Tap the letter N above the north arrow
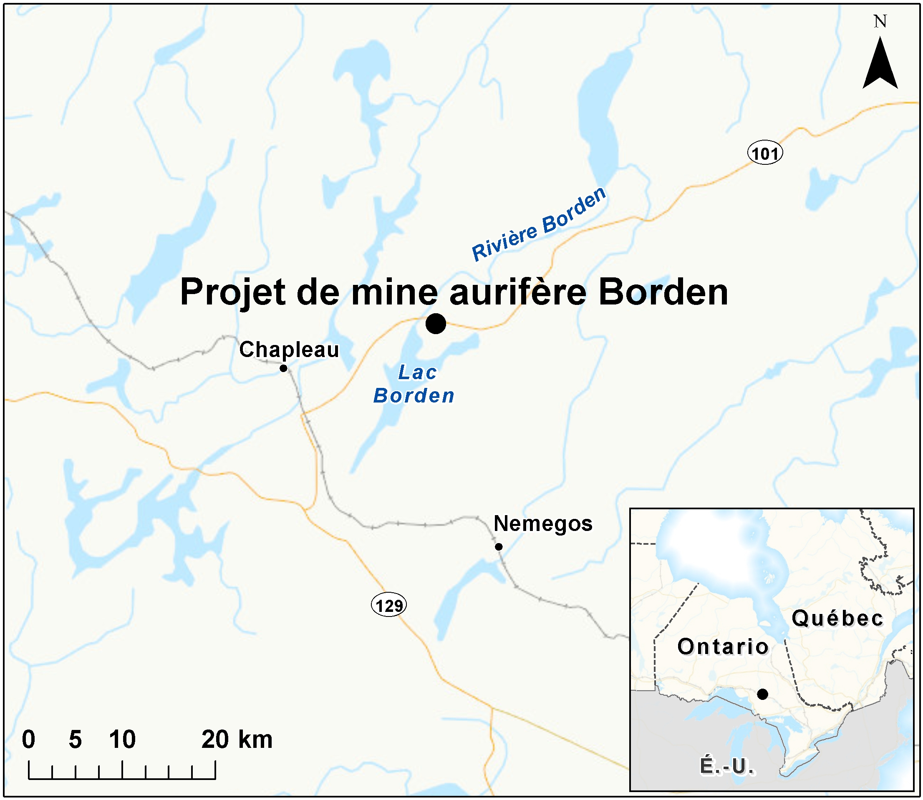pos(880,21)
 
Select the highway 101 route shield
pos(765,153)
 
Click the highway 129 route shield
pos(389,605)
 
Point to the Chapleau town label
pos(289,350)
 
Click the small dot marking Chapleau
pos(283,368)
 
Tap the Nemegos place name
pos(542,523)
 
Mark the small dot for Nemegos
pos(499,546)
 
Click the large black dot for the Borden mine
pos(435,323)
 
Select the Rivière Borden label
pos(539,224)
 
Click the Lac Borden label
pos(414,384)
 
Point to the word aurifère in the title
pos(517,292)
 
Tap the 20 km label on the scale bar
pos(237,739)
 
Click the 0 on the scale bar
pos(28,739)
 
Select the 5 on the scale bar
pos(75,739)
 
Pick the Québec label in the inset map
pos(837,619)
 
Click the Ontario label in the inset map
pos(723,647)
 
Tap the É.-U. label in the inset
pos(727,766)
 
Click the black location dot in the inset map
pos(763,694)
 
